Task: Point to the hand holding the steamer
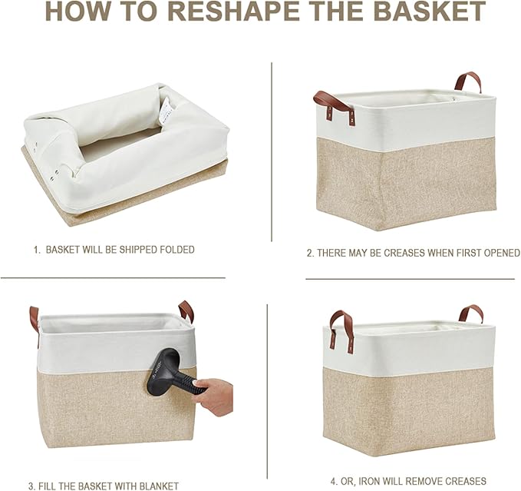pyautogui.click(x=216, y=394)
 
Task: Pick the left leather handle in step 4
pyautogui.click(x=337, y=327)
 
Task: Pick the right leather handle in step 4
pyautogui.click(x=470, y=313)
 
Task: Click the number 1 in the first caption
pyautogui.click(x=35, y=250)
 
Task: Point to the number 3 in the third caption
pyautogui.click(x=31, y=486)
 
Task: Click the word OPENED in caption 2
pyautogui.click(x=502, y=253)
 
